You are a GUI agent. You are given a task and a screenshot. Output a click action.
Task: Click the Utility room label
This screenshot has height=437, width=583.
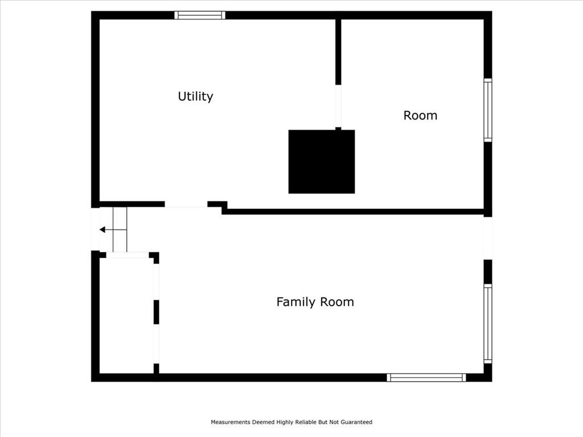coord(196,96)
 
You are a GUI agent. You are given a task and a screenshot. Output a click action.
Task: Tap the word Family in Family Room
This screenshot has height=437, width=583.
coord(295,302)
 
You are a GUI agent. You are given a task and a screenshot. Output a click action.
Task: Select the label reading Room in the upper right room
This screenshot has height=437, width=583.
coord(420,115)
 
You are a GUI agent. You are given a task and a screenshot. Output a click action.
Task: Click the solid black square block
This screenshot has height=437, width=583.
coord(322,162)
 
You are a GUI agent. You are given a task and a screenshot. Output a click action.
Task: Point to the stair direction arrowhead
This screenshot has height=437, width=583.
coord(102,230)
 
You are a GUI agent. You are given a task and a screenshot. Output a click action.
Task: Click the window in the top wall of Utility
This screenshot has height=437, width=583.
coord(200,15)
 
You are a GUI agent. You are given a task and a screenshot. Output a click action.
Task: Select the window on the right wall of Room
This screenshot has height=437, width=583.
coord(488,110)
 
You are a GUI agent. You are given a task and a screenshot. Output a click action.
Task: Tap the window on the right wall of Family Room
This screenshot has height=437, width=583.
coord(488,323)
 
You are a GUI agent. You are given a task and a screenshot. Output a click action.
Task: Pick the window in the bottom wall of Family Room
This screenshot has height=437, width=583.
coord(426,378)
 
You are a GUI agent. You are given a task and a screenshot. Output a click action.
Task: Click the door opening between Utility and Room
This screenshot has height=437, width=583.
coord(338,106)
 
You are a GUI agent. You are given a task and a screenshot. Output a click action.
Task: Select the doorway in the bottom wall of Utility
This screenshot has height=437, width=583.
coord(186,204)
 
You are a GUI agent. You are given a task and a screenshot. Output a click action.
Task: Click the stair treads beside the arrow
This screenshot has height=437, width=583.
coord(120,229)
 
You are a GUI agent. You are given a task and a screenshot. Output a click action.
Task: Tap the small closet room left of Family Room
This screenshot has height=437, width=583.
coord(126,316)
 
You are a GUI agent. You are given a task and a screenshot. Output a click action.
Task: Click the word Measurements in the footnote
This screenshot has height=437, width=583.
coord(231,422)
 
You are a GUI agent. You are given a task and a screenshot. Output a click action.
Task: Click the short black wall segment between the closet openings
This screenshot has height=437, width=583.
coord(156,312)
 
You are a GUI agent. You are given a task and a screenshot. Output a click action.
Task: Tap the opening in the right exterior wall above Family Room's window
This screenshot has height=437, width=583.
coord(488,238)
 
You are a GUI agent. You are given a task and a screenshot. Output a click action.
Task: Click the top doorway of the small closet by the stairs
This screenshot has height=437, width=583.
coord(128,255)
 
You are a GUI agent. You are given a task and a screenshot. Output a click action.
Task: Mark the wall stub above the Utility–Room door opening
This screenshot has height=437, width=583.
coord(338,52)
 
